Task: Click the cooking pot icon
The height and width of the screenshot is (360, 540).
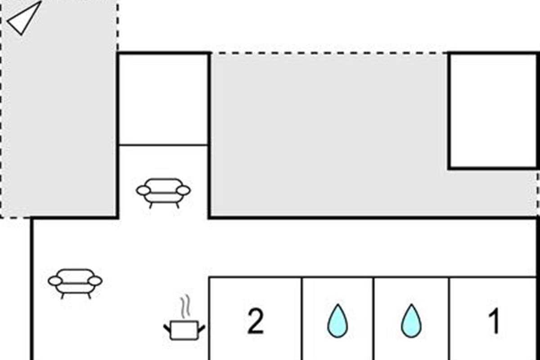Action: click(x=184, y=330)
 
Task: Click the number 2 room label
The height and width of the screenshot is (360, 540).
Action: click(x=256, y=322)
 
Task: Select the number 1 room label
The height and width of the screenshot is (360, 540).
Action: click(x=494, y=322)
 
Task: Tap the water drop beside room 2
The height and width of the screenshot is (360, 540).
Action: click(x=337, y=321)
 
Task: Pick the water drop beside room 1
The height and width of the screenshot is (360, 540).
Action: click(x=411, y=321)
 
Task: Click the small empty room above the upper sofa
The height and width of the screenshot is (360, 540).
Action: click(x=163, y=99)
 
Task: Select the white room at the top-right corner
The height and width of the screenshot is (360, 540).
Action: click(x=493, y=110)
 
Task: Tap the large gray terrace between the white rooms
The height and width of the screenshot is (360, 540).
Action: click(x=328, y=135)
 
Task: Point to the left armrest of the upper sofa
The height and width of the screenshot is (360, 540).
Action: click(x=143, y=190)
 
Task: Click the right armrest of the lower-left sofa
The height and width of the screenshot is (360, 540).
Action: click(x=95, y=281)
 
